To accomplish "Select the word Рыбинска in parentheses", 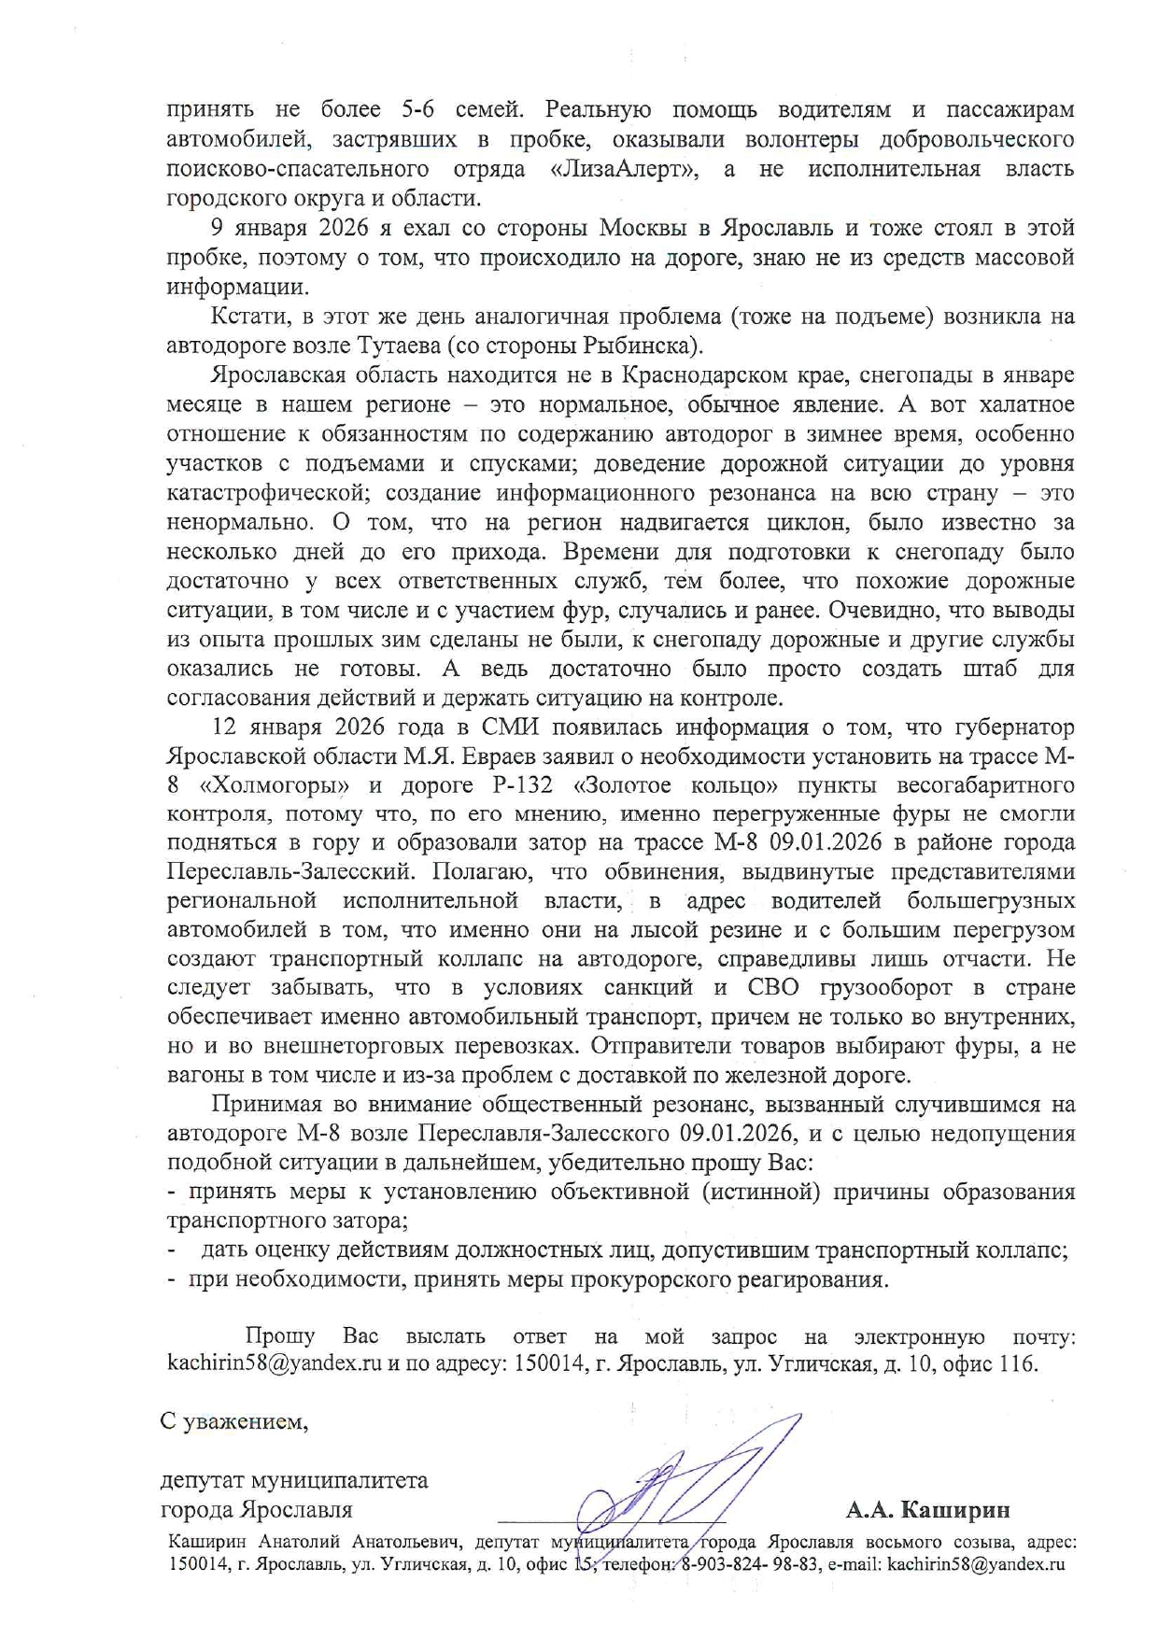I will pyautogui.click(x=639, y=346).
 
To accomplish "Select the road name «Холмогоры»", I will pyautogui.click(x=280, y=785).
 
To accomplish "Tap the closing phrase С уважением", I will pyautogui.click(x=233, y=1422).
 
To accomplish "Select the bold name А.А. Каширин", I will pyautogui.click(x=927, y=1510).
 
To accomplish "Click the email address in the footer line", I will pyautogui.click(x=976, y=1564).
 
